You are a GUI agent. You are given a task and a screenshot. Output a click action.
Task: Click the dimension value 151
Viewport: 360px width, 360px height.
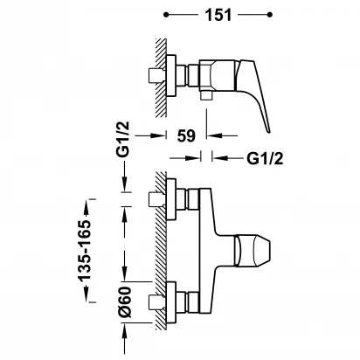218,15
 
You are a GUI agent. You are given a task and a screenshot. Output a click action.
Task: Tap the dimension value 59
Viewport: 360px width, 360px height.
186,135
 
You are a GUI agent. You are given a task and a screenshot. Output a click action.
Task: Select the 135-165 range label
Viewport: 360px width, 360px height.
85,251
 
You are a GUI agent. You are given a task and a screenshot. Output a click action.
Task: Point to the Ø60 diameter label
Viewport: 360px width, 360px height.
125,302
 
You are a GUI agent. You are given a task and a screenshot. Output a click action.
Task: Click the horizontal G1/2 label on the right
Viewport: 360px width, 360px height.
265,159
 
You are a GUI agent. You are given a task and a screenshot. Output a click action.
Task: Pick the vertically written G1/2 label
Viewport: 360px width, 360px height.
125,140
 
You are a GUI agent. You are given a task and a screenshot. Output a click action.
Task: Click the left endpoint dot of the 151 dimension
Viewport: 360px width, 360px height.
166,15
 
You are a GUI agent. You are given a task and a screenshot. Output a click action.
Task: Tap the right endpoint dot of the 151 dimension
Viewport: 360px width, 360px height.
270,15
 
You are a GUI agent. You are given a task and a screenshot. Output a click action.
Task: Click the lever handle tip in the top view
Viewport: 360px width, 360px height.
268,131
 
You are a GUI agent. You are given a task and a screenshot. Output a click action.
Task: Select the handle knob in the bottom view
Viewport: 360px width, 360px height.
253,250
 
